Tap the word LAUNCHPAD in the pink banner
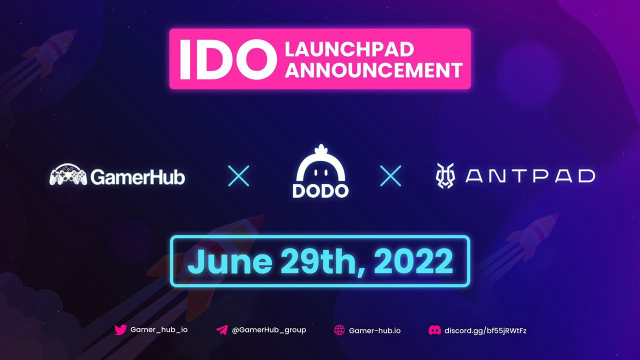(349, 49)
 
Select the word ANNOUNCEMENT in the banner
(373, 70)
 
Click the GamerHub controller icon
(68, 175)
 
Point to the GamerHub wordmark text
(138, 177)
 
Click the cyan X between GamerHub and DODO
(238, 175)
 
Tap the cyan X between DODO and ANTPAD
(390, 175)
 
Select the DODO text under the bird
(320, 191)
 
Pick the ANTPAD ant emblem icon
(445, 175)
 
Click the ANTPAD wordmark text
(530, 175)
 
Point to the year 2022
(413, 261)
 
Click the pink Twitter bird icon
(120, 329)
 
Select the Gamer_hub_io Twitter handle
(159, 329)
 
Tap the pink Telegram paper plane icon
(221, 330)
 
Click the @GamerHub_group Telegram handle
(269, 330)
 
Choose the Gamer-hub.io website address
(374, 330)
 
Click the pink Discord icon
(434, 330)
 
